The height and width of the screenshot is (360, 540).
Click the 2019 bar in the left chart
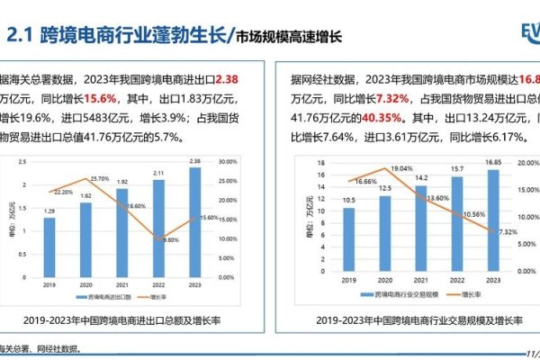[x=49, y=244]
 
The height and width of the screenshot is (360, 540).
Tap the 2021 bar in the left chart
[x=121, y=229]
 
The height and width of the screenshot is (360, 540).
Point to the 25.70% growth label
[x=99, y=178]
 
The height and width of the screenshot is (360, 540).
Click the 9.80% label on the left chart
[x=169, y=239]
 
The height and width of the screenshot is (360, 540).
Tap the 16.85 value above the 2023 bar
[x=492, y=164]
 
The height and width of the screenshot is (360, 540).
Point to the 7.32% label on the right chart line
[x=506, y=231]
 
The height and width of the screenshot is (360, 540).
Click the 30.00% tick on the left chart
[x=229, y=162]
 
